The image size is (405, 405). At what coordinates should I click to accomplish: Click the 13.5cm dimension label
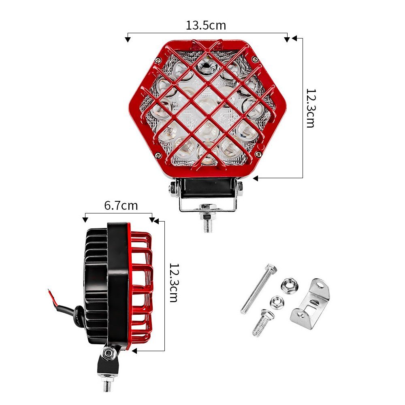tap(206, 26)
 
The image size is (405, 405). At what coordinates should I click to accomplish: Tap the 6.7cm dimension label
tap(121, 206)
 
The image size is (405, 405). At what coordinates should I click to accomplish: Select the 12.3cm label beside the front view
tap(310, 108)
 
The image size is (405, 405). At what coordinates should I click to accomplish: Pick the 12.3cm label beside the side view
tap(173, 282)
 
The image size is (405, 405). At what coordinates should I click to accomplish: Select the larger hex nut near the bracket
tap(289, 286)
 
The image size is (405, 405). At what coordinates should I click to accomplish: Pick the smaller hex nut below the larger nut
tap(276, 302)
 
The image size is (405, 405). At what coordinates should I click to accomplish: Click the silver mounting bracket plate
tap(311, 304)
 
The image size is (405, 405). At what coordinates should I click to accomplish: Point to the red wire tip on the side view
tap(50, 291)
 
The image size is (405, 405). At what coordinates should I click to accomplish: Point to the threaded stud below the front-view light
tap(208, 225)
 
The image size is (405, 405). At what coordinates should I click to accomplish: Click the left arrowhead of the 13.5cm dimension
tap(128, 39)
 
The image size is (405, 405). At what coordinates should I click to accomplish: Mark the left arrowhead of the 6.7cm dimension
tap(85, 220)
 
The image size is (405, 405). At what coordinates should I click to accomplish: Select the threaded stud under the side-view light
tap(107, 384)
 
